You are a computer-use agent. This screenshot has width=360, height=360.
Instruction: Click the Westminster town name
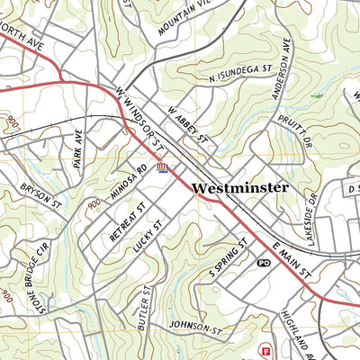coord(240,188)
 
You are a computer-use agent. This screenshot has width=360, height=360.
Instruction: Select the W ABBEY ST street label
coord(186,125)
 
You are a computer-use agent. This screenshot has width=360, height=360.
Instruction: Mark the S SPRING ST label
coord(228,258)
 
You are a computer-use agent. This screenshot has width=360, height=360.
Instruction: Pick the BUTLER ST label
coord(141,306)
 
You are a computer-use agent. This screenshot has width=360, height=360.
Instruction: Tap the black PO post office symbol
coord(263,263)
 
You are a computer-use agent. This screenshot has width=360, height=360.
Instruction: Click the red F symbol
coord(265,349)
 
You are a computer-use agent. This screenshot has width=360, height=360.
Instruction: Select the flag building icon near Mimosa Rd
coord(163,167)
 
